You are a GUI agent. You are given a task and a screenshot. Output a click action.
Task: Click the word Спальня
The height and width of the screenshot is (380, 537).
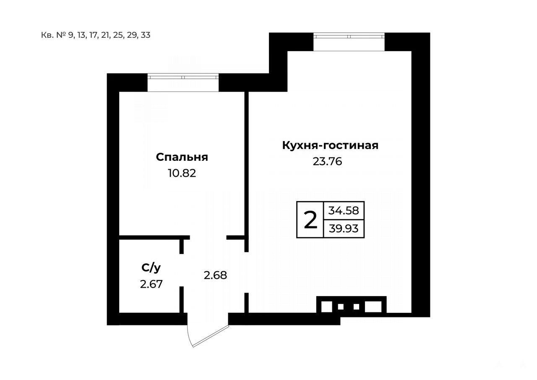[182, 157]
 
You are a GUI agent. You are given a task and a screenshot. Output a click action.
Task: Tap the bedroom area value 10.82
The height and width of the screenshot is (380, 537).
[182, 173]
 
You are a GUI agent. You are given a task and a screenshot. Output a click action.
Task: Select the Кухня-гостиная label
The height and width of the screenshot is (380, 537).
[330, 145]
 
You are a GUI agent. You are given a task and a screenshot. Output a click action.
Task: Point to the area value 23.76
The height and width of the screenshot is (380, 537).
[327, 162]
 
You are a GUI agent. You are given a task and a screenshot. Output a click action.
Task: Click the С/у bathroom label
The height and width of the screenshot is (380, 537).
[151, 268]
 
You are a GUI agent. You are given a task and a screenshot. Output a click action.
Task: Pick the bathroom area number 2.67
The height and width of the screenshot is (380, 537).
[151, 284]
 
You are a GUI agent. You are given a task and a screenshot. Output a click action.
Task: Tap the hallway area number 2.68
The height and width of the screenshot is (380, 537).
[215, 275]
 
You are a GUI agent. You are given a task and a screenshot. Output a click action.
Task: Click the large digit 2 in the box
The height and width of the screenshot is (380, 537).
[310, 220]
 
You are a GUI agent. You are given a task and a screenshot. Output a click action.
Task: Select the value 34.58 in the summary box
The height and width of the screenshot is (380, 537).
[344, 211]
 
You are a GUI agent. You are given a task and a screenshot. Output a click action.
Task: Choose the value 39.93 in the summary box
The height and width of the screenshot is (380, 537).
[344, 228]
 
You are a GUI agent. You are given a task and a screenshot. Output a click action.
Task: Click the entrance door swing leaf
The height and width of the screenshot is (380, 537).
[211, 336]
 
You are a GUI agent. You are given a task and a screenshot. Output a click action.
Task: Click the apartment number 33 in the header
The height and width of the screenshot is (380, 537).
[146, 35]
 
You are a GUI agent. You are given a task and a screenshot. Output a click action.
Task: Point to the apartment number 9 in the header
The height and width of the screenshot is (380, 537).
[70, 35]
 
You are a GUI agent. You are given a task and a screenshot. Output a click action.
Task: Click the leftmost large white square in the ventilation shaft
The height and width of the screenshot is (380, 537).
[327, 307]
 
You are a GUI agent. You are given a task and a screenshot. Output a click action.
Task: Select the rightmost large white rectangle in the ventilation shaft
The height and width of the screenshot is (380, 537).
[373, 307]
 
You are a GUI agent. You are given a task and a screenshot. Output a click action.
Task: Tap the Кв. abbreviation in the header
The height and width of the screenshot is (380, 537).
[47, 35]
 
